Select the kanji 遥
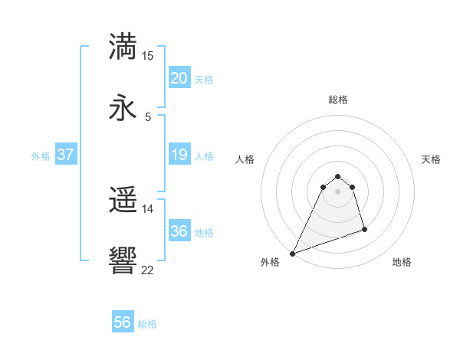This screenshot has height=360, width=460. [x=123, y=200]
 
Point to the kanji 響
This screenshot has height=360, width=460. [x=123, y=261]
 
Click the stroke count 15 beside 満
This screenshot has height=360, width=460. [x=148, y=56]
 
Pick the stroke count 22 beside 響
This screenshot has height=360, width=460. [x=148, y=270]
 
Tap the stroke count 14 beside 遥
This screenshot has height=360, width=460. [x=148, y=208]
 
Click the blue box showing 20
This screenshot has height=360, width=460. [x=179, y=78]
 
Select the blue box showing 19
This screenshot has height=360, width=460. [x=179, y=155]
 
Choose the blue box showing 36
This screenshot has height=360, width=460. [x=179, y=231]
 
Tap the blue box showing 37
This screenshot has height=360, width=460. [x=66, y=155]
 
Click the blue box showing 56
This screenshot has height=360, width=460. [x=123, y=322]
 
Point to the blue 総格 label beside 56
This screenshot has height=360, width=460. [x=147, y=324]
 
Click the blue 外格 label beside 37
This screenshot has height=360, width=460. [x=41, y=156]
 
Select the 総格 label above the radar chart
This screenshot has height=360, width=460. [x=337, y=100]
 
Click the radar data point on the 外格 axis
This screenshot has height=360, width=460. [x=292, y=253]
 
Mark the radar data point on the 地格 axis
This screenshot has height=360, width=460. [x=364, y=229]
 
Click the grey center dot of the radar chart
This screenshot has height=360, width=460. [x=337, y=201]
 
